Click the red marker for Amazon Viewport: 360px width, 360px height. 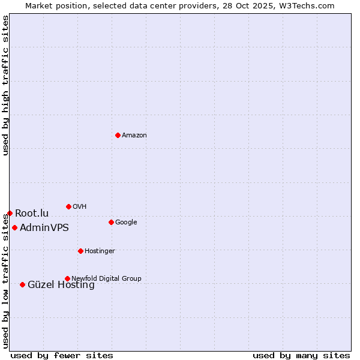pos(118,135)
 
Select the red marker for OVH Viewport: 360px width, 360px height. pos(68,206)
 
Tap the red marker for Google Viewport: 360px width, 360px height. pos(111,222)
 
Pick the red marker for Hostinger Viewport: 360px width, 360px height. pos(80,251)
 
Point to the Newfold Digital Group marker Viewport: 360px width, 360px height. pos(67,278)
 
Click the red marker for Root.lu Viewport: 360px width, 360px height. pos(10,213)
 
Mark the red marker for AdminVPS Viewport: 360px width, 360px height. pos(14,227)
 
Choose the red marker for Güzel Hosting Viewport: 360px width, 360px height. pos(22,284)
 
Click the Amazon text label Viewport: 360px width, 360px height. pos(134,135)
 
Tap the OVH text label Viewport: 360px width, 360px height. pos(80,206)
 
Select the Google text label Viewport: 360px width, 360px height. pos(126,222)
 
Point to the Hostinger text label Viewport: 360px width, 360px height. pos(100,251)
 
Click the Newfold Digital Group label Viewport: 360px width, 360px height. pos(106,278)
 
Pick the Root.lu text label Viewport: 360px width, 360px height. pos(32,213)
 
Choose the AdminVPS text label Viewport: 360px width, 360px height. pos(44,227)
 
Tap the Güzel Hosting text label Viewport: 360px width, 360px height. pos(61,285)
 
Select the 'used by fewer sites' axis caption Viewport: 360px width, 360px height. pos(62,355)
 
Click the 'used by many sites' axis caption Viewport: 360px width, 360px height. pos(301,355)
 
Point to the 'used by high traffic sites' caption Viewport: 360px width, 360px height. pos(5,85)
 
